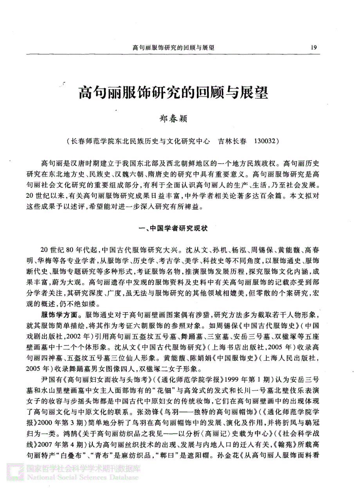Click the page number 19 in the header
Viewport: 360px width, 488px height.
tap(313, 47)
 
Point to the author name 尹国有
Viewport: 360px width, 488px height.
tap(50, 379)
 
